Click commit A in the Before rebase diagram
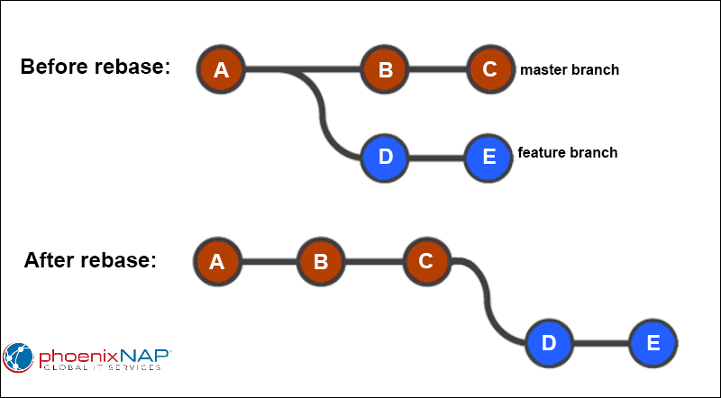tap(222, 69)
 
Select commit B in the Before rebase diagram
tap(385, 69)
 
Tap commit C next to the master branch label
tap(489, 69)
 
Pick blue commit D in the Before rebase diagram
tap(385, 156)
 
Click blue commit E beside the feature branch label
tap(489, 156)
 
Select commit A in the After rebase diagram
tap(216, 262)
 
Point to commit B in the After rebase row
tap(321, 262)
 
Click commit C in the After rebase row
tap(426, 262)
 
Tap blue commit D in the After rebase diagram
tap(550, 343)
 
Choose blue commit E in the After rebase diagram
tap(653, 343)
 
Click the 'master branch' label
tap(569, 69)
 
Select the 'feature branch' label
tap(567, 152)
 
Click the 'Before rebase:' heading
tap(96, 68)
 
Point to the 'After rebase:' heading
tap(90, 260)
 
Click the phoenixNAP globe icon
tap(20, 357)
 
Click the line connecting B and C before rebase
tap(437, 69)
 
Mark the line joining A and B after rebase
tap(269, 262)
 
